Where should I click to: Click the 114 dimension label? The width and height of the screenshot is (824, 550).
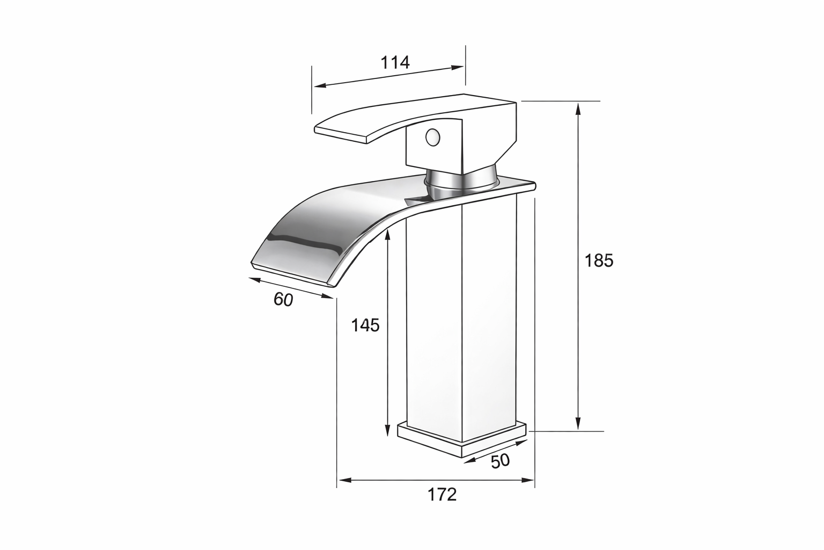point(395,63)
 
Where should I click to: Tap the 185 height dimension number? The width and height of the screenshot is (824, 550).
point(599,261)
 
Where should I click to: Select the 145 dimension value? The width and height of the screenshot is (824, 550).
point(365,325)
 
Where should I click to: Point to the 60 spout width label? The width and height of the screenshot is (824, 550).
point(283,300)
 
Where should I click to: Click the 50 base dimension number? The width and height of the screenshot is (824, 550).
point(501,461)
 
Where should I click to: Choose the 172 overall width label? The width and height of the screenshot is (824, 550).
point(442,494)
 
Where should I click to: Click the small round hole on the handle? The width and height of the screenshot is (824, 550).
point(432,137)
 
